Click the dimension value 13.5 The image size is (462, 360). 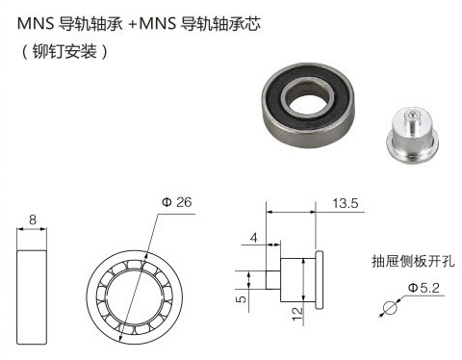[x=345, y=204]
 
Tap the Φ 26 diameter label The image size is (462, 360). [x=177, y=202]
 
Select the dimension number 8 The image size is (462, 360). [x=33, y=220]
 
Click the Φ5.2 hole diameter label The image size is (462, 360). [x=423, y=288]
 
